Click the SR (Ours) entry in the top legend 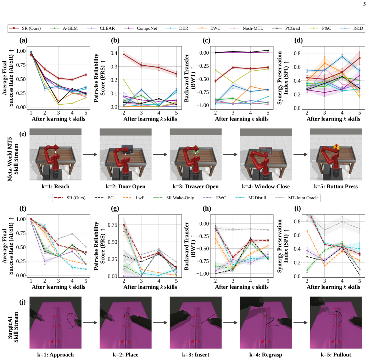click(x=25, y=28)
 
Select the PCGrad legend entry click(x=286, y=28)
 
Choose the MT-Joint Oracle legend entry click(x=297, y=198)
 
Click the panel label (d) click(x=299, y=40)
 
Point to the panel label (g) click(x=115, y=209)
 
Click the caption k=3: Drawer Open click(x=195, y=187)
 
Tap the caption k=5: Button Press click(x=336, y=187)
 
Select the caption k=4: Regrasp click(x=266, y=355)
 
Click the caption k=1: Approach click(x=55, y=355)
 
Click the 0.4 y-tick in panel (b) click(x=114, y=53)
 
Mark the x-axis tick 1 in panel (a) click(x=31, y=113)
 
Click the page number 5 click(x=364, y=4)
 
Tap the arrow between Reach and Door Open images click(x=90, y=154)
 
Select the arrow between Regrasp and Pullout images click(x=300, y=322)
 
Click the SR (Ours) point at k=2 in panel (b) click(x=124, y=54)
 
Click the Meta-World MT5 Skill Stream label click(x=13, y=156)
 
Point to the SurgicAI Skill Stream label click(x=13, y=327)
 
